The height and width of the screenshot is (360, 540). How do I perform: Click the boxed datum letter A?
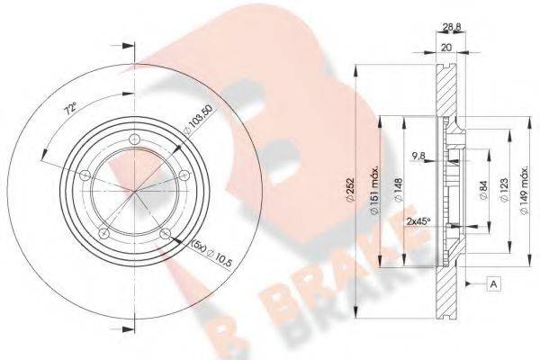(x=494, y=284)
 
